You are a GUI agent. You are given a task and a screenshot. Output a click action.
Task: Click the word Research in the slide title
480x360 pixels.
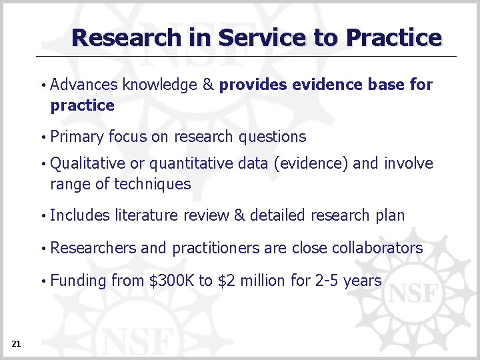tap(127, 37)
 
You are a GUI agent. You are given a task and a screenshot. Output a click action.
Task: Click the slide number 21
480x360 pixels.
tap(16, 343)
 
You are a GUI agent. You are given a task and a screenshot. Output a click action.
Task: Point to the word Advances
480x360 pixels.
tap(84, 85)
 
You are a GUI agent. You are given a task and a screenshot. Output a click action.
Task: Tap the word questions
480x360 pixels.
tap(273, 137)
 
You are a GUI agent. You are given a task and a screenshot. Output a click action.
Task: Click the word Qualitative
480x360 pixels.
tap(87, 163)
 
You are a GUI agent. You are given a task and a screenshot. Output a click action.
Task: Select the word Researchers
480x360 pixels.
tap(93, 248)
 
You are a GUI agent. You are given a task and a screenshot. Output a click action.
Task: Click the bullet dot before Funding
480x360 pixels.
tap(43, 281)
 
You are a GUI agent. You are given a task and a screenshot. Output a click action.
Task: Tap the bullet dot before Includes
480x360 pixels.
tap(43, 216)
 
